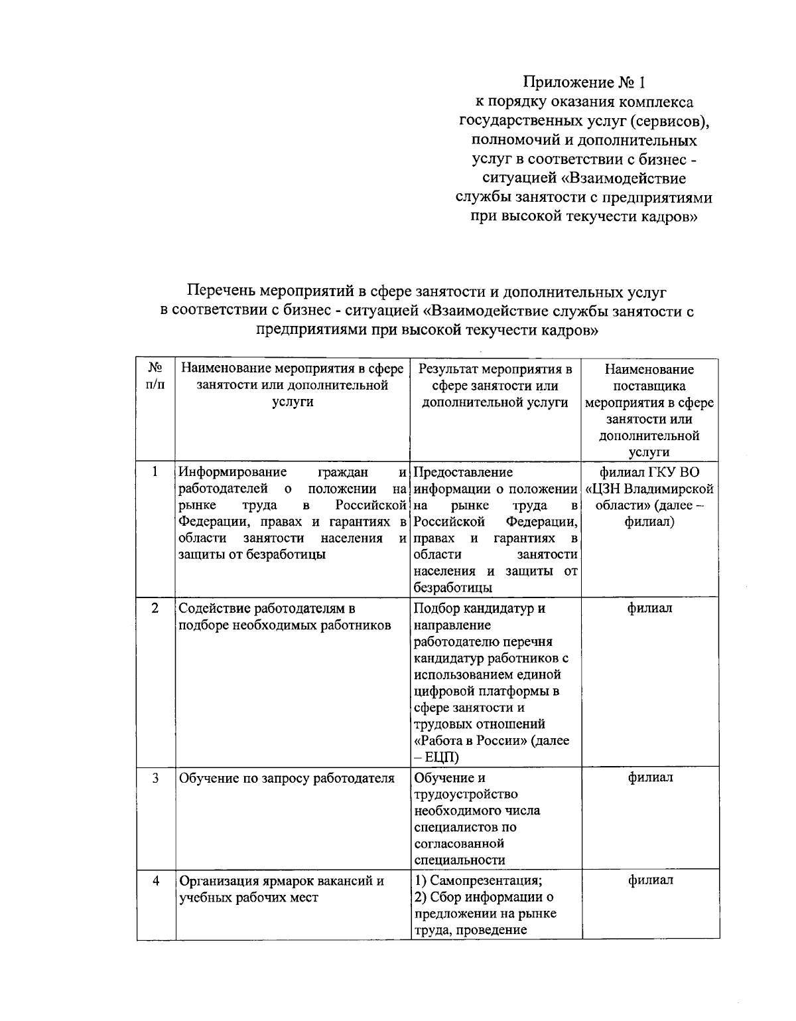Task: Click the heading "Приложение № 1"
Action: click(x=583, y=83)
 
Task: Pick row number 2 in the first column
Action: click(x=155, y=608)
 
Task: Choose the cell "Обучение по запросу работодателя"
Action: click(x=287, y=778)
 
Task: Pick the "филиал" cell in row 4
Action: click(x=649, y=881)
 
